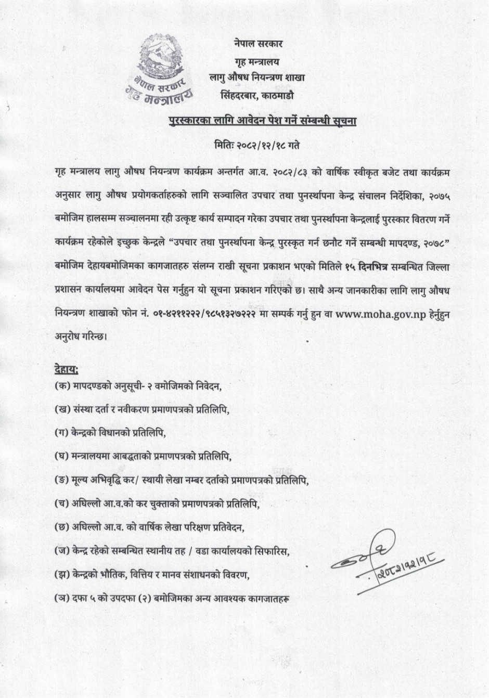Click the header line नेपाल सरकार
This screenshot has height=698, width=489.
click(x=258, y=44)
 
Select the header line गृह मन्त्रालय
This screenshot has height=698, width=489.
click(x=257, y=61)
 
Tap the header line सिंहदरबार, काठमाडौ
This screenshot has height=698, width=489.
click(x=257, y=95)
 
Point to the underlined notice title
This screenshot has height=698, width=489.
click(x=263, y=122)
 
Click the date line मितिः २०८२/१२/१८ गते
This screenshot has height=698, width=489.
click(x=257, y=145)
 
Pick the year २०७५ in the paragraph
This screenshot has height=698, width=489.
click(x=437, y=195)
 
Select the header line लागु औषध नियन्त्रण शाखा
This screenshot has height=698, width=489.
click(x=257, y=78)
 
